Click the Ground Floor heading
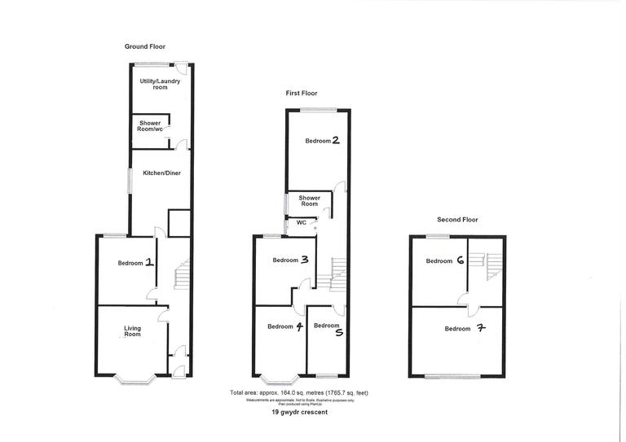[145, 47]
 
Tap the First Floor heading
[302, 94]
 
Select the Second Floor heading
[457, 220]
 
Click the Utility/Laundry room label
[160, 84]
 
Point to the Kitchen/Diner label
[160, 174]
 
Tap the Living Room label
[132, 331]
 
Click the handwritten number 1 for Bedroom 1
[149, 263]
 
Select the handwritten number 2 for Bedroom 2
[335, 140]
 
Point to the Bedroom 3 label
[290, 260]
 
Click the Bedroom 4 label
[285, 326]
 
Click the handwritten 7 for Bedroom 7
[478, 329]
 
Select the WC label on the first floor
[301, 222]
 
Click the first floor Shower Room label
[309, 201]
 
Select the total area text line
[305, 393]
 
